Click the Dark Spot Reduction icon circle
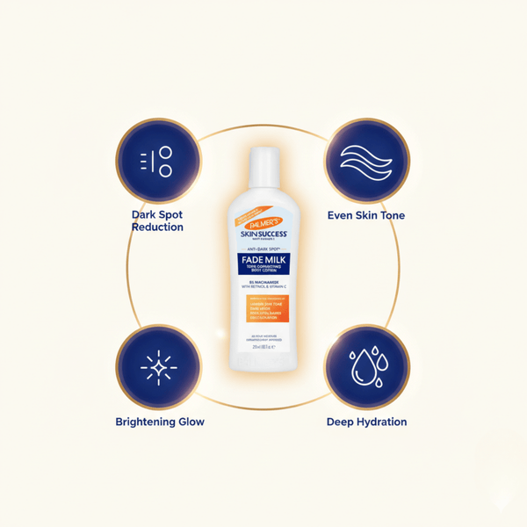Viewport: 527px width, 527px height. (158, 160)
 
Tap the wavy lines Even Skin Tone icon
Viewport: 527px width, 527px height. (367, 160)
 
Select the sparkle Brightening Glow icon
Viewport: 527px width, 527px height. (158, 367)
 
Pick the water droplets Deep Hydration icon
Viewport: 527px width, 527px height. (367, 367)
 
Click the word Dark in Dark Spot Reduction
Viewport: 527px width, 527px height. (145, 214)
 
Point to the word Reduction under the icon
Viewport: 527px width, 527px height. (158, 227)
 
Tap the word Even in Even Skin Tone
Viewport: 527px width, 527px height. (341, 215)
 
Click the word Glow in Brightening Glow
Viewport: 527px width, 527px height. (191, 422)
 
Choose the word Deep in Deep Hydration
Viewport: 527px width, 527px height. (341, 422)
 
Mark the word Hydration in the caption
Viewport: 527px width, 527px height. (383, 422)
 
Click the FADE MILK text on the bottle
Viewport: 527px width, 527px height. (263, 260)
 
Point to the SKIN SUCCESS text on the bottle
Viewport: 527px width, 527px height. (263, 235)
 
